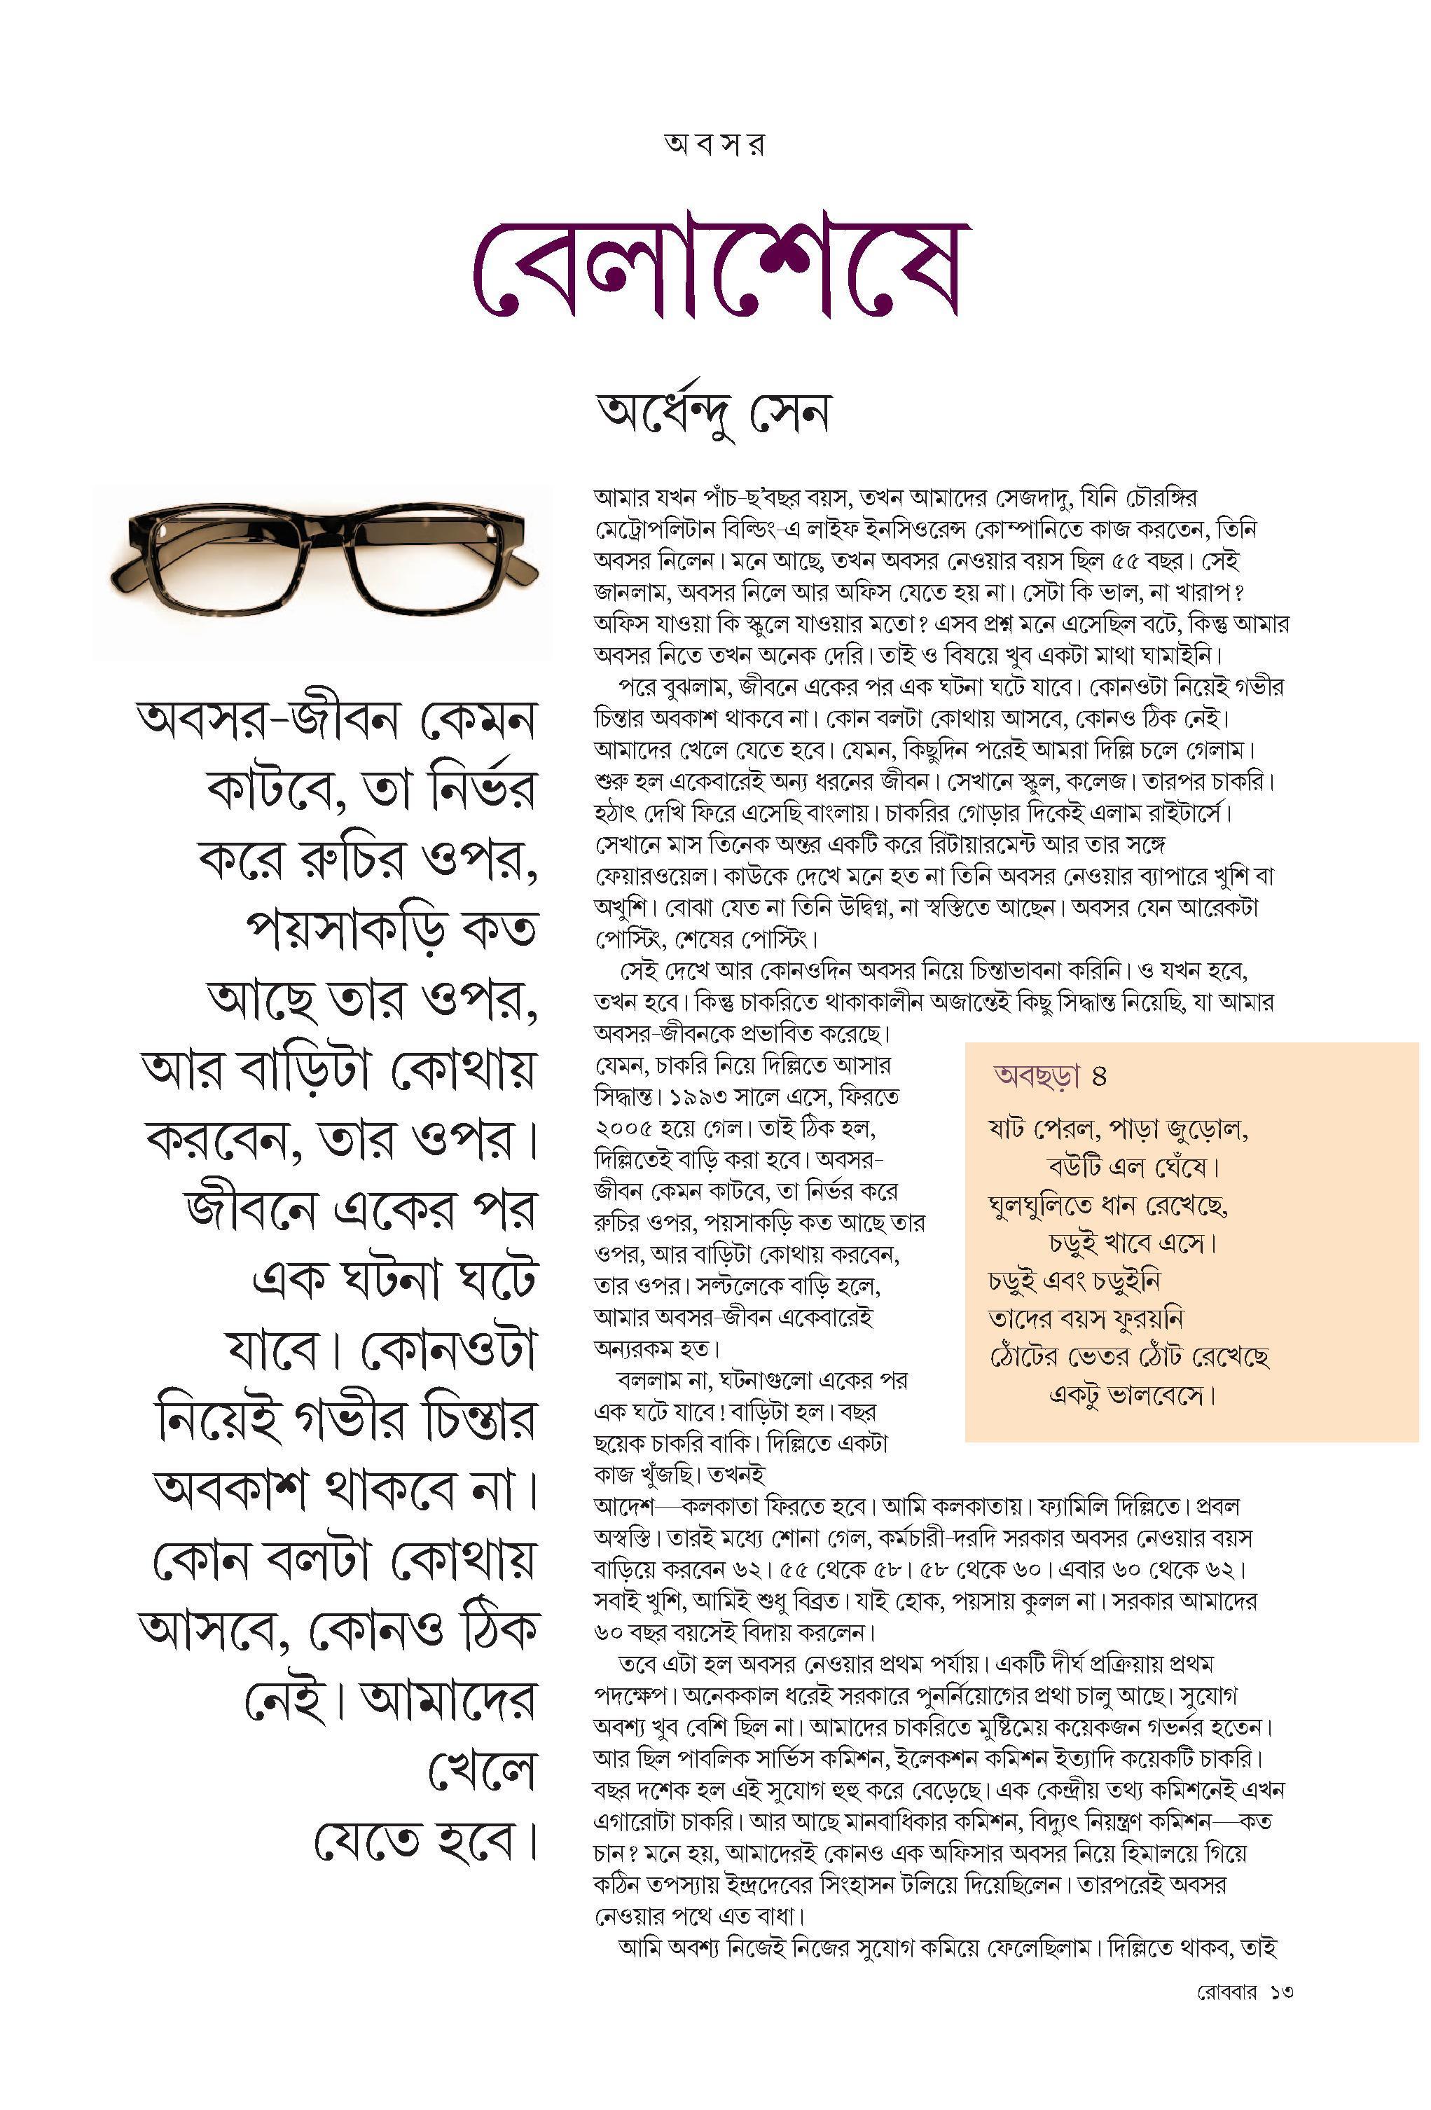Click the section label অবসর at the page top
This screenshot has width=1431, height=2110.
coord(714,144)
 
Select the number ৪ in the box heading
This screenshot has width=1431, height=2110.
coord(1100,1077)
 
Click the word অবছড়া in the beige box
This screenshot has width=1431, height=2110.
coord(1037,1077)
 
